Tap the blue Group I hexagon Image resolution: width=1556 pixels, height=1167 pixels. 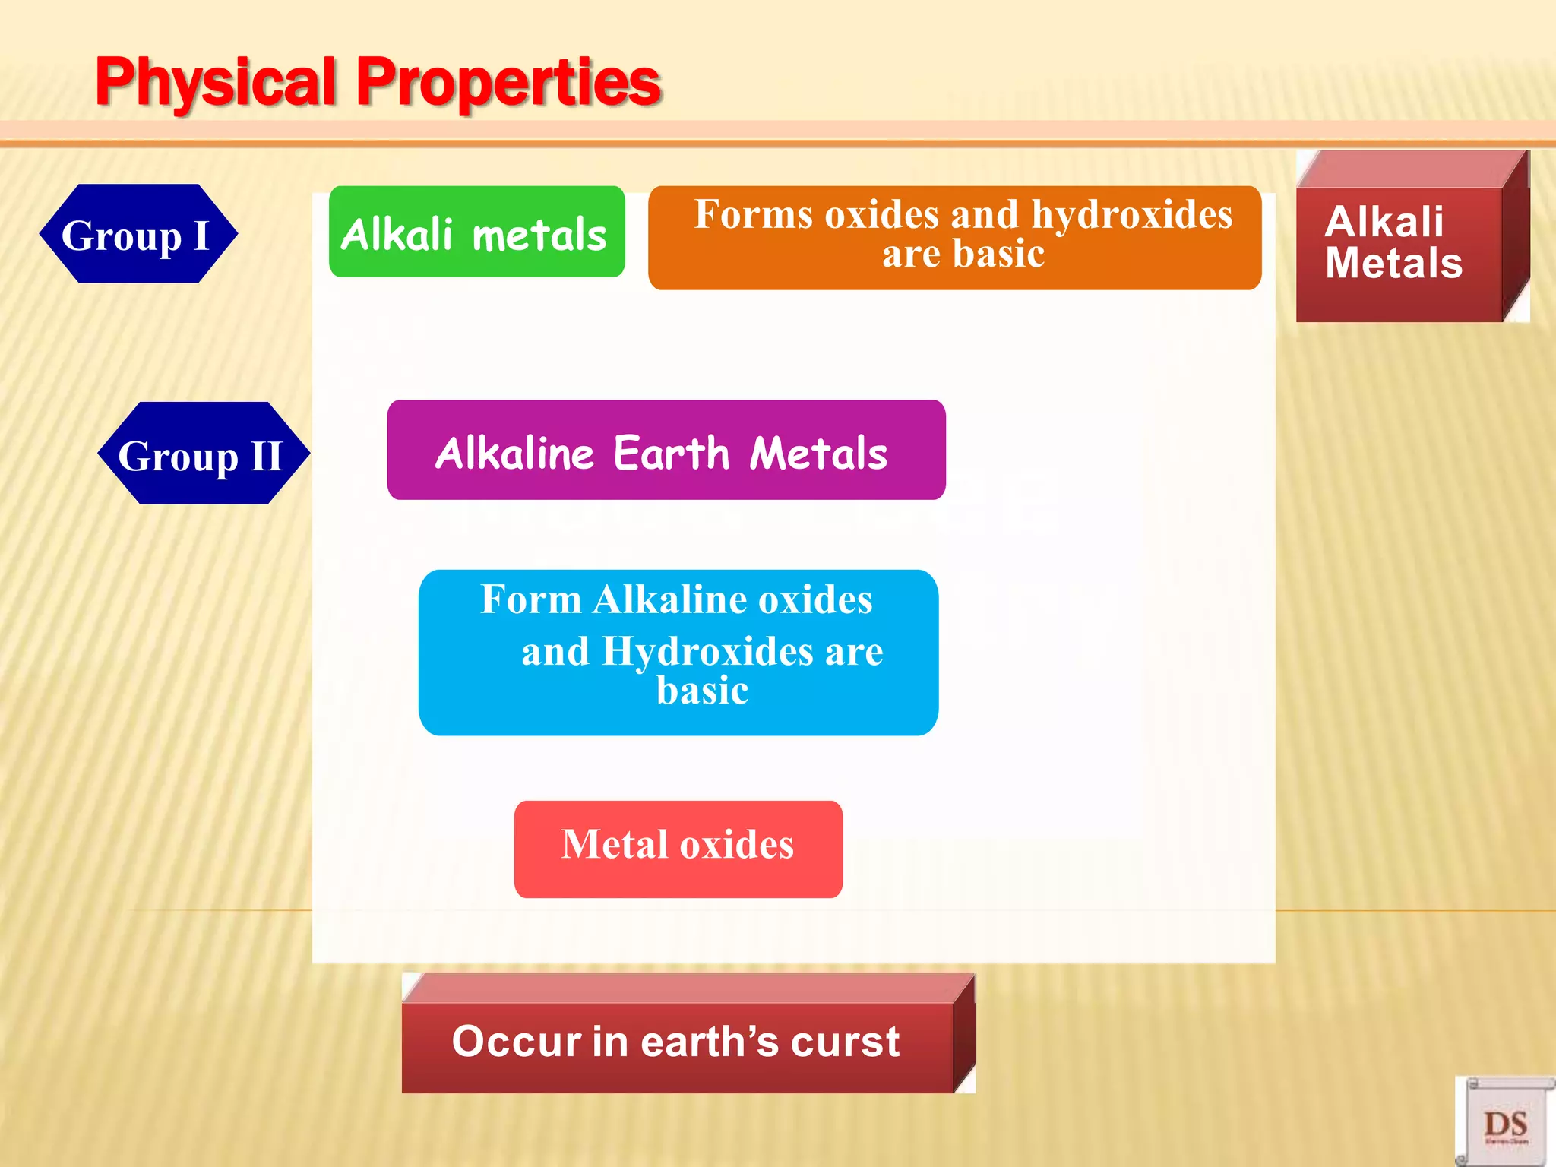coord(137,234)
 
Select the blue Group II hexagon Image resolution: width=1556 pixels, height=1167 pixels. coord(201,454)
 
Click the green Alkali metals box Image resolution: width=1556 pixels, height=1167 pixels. coord(476,232)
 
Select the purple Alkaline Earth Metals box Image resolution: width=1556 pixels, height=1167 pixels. coord(666,451)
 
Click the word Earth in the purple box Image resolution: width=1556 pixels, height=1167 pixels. coord(671,454)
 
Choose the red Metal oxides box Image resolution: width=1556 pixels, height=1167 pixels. coord(678,849)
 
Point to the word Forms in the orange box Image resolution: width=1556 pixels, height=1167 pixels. coord(753,215)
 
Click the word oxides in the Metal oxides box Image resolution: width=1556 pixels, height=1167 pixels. coord(736,845)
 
